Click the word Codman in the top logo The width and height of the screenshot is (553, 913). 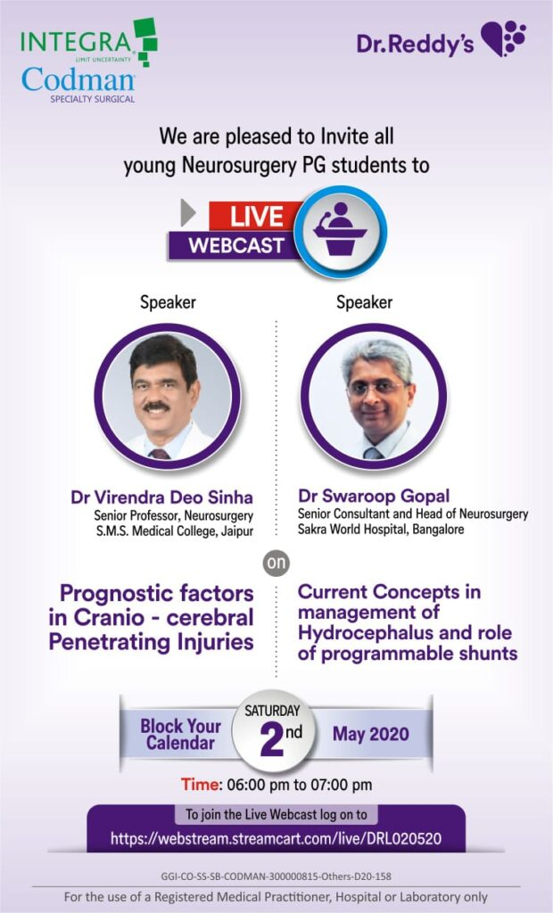[78, 79]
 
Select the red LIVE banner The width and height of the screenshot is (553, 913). [255, 216]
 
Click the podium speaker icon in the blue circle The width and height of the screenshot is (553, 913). [340, 229]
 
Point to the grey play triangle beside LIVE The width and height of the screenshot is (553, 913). [187, 213]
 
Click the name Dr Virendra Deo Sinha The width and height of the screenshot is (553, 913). [162, 498]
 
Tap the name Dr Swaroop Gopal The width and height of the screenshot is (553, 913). [374, 496]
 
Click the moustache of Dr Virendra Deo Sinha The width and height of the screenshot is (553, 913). [156, 407]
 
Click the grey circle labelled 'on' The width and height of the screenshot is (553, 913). [276, 563]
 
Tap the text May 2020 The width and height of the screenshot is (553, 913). [371, 734]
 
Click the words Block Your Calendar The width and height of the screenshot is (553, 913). [181, 735]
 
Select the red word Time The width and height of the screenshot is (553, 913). [201, 785]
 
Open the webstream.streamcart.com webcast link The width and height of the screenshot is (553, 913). [276, 838]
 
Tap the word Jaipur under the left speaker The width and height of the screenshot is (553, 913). [237, 531]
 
